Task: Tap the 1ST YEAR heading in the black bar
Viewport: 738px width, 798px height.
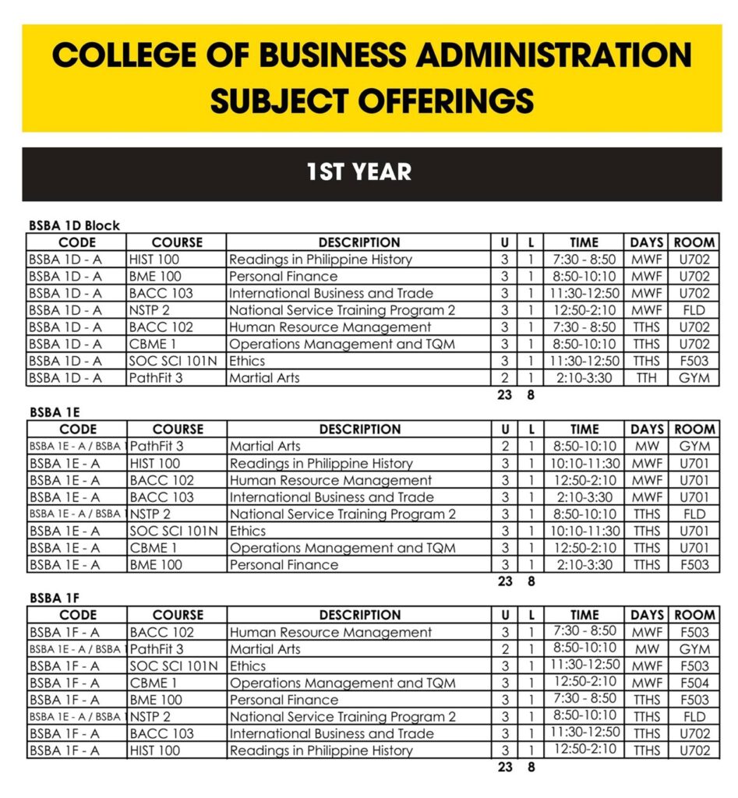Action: click(x=358, y=172)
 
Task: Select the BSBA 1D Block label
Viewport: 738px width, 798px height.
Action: click(x=74, y=225)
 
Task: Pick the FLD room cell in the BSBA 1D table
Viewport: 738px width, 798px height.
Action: click(x=694, y=310)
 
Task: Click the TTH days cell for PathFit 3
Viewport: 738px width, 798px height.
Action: click(x=646, y=378)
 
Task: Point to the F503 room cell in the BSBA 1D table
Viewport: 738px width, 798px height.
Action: click(x=694, y=361)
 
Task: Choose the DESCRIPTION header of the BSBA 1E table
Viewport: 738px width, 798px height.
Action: click(x=359, y=429)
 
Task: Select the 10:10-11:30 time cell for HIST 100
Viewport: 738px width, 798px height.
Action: click(x=584, y=464)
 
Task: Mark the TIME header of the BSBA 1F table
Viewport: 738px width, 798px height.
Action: click(x=584, y=615)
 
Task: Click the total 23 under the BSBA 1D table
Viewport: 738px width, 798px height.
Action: click(x=504, y=395)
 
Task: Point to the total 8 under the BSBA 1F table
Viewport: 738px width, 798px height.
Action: click(x=531, y=767)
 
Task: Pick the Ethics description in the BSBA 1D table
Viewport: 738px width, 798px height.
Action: click(x=247, y=361)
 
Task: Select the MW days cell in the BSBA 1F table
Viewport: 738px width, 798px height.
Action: click(x=647, y=649)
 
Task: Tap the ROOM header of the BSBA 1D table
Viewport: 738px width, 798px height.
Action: click(x=694, y=242)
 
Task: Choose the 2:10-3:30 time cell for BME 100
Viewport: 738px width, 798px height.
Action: click(x=584, y=565)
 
